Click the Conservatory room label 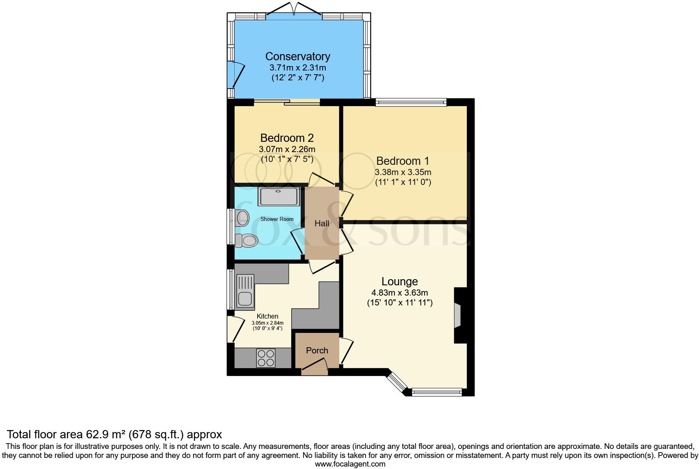click(297, 57)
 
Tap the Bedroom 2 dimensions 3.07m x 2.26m click(287, 149)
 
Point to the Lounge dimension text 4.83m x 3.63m click(399, 293)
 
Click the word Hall click(322, 223)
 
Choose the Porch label click(317, 351)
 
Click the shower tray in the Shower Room click(279, 196)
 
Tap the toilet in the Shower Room click(247, 240)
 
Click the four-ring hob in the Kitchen click(266, 358)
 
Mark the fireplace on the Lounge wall click(459, 315)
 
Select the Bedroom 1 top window click(411, 102)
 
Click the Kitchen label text click(267, 316)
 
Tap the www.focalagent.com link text click(350, 464)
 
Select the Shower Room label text click(277, 219)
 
